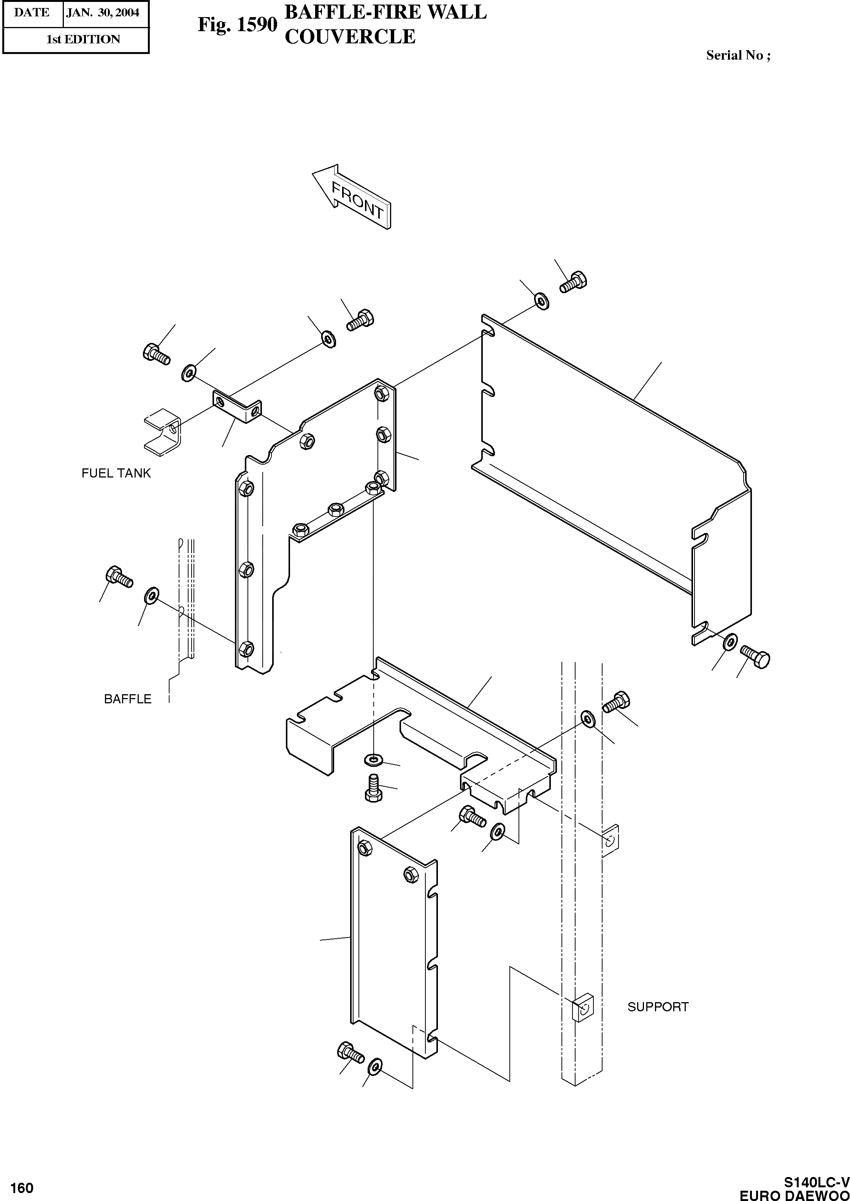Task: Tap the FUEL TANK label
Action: pyautogui.click(x=116, y=473)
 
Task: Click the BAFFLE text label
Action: pyautogui.click(x=128, y=699)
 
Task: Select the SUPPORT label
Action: pyautogui.click(x=658, y=1007)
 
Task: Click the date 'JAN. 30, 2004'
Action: pyautogui.click(x=103, y=13)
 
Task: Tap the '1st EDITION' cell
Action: pyautogui.click(x=83, y=39)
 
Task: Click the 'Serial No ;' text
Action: pyautogui.click(x=738, y=56)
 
